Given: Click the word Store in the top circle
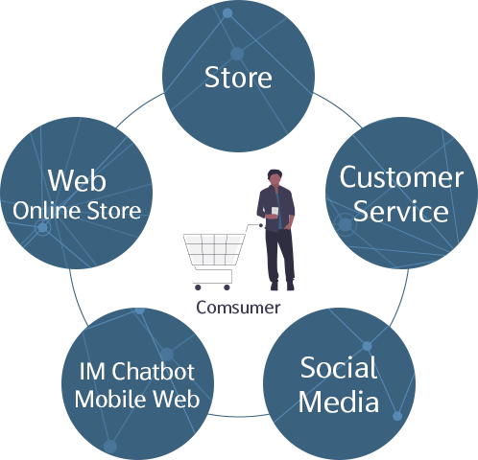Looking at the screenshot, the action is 238,77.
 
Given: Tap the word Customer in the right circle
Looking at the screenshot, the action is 401,177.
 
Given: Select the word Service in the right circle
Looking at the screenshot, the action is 401,211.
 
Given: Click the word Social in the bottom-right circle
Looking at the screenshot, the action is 339,368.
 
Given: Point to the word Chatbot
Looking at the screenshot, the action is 153,371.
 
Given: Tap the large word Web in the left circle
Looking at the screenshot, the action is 77,180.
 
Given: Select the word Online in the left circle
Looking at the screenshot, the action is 47,211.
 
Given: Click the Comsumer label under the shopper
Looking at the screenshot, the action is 238,308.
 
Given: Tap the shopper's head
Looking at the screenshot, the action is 275,177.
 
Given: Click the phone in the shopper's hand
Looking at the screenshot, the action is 275,211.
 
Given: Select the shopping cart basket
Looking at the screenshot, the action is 214,250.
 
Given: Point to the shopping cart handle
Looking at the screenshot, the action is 255,225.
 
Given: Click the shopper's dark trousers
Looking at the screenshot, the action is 280,256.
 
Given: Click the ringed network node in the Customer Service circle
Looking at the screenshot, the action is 345,224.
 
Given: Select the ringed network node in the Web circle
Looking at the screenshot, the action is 42,228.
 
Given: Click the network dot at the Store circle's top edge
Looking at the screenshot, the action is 227,13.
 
